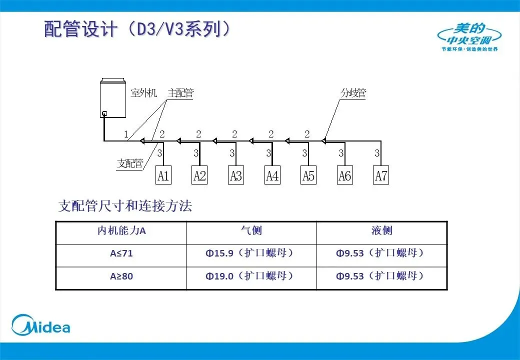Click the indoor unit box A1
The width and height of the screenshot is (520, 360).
click(x=163, y=176)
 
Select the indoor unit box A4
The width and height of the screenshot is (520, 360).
click(x=272, y=176)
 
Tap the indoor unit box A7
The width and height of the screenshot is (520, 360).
click(x=381, y=176)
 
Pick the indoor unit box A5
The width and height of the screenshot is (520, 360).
click(x=308, y=176)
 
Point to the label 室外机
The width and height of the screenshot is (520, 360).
click(x=143, y=93)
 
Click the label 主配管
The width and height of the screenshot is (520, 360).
click(x=180, y=93)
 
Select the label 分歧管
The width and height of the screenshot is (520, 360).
click(x=353, y=93)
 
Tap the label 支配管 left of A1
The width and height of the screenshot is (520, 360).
click(x=130, y=163)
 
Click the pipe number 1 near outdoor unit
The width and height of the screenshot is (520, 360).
click(x=126, y=134)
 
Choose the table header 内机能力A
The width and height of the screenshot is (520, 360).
click(x=121, y=231)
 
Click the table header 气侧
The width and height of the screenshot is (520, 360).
click(x=251, y=230)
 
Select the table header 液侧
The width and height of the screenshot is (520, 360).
click(x=381, y=230)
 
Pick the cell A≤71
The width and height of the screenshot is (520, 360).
click(x=121, y=253)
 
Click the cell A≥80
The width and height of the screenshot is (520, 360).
click(x=121, y=276)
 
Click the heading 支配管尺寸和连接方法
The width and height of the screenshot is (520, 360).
click(x=125, y=206)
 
